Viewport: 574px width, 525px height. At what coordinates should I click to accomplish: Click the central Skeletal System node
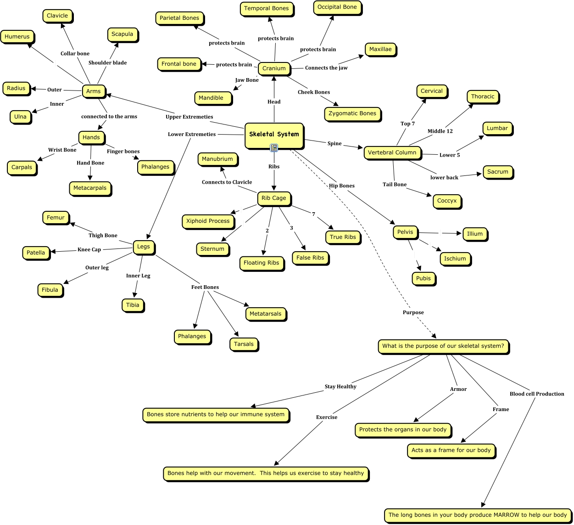(274, 135)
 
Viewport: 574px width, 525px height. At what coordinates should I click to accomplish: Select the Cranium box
(274, 68)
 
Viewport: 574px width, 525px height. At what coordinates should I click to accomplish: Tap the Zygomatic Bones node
(352, 113)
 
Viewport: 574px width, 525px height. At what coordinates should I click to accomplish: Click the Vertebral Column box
(392, 152)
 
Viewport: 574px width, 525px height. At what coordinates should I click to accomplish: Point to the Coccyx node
(446, 201)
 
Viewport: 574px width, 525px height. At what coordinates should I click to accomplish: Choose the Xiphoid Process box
(207, 221)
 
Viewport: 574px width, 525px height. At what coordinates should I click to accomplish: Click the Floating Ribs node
(261, 263)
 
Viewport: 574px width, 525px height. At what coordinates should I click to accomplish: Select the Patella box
(36, 253)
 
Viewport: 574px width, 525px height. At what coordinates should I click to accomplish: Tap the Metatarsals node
(265, 314)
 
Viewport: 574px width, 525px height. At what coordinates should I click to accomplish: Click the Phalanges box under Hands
(155, 167)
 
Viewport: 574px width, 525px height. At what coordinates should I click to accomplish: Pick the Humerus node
(17, 37)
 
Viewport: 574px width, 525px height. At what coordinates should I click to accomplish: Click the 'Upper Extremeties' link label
(189, 117)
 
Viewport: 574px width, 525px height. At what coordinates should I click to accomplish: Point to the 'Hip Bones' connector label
(341, 186)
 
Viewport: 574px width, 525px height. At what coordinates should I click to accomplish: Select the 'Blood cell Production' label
(537, 394)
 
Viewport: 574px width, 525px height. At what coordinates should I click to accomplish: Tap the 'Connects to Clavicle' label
(227, 182)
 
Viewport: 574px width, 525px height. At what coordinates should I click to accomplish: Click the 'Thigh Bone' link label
(103, 235)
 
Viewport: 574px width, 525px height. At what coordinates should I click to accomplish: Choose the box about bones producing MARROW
(478, 515)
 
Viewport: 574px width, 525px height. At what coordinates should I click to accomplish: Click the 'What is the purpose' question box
(443, 346)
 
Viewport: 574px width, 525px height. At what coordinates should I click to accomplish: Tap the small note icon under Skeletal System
(274, 148)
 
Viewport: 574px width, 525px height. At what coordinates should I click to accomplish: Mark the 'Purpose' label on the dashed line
(413, 312)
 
